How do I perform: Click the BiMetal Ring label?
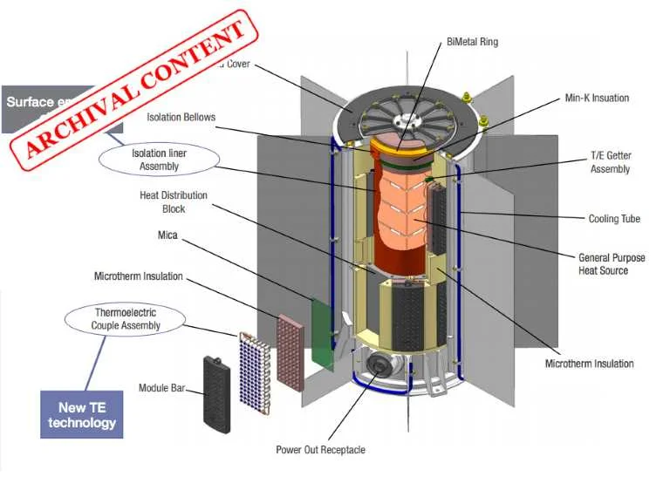click(472, 42)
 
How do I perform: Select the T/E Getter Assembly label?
click(611, 162)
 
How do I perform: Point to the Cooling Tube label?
click(614, 219)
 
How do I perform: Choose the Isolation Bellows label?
click(181, 117)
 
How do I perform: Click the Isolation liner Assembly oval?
click(160, 160)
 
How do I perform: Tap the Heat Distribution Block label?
click(174, 202)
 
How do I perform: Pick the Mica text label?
click(167, 235)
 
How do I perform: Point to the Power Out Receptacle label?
click(320, 450)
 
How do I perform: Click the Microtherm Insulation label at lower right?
click(589, 364)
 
